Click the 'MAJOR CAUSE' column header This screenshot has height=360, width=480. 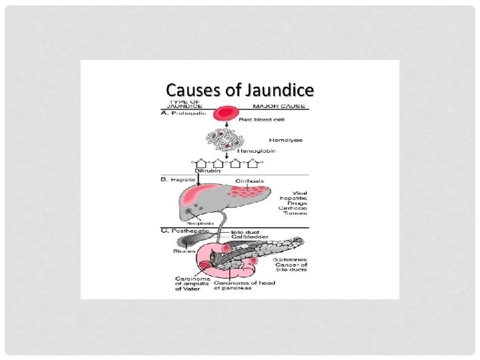tap(279, 106)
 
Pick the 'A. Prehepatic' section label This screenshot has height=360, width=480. tap(184, 114)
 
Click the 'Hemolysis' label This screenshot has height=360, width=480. tap(285, 141)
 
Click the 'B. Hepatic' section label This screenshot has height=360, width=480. tap(180, 179)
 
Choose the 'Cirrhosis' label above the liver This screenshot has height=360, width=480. tap(249, 181)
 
